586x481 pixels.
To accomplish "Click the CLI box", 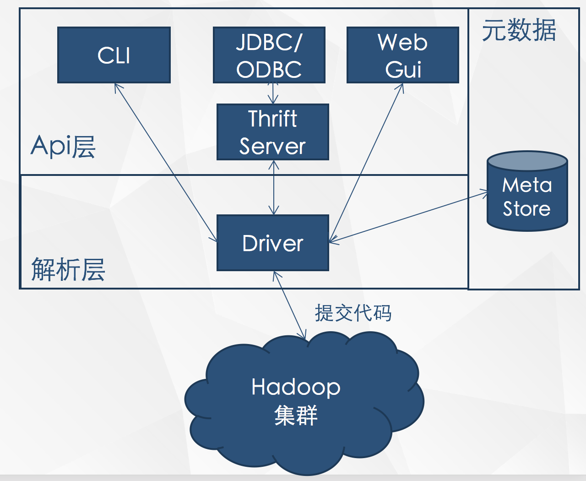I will coord(114,55).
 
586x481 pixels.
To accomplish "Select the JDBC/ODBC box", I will coord(269,55).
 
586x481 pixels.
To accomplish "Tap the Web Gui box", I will coord(403,55).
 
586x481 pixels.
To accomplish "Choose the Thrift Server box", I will coord(273,132).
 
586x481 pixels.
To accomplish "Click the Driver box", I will coord(273,243).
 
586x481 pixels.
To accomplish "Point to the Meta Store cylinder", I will coord(527,197).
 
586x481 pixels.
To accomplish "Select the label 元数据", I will coord(519,31).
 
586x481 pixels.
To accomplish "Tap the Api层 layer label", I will coord(63,147).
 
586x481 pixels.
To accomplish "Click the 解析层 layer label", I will coord(68,269).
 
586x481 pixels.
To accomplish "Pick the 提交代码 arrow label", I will coord(353,313).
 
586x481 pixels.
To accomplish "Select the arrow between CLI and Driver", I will coord(166,162).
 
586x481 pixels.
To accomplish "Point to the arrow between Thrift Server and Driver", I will coord(274,188).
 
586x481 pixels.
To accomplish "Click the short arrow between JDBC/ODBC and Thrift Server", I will coord(273,93).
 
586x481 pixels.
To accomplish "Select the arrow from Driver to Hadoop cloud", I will coord(289,305).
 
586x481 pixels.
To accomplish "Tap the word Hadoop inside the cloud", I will coord(296,387).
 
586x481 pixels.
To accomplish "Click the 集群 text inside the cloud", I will coord(296,415).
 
